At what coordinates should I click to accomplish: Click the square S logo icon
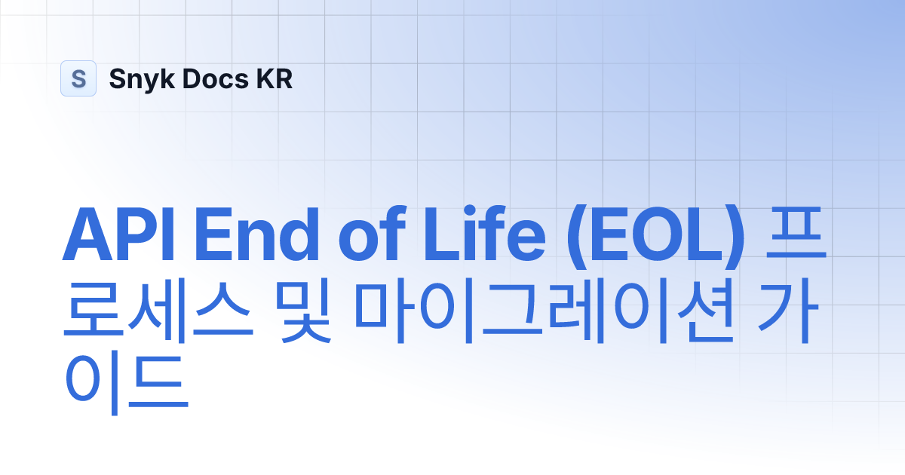[x=78, y=78]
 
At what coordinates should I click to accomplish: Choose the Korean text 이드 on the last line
[x=124, y=388]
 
